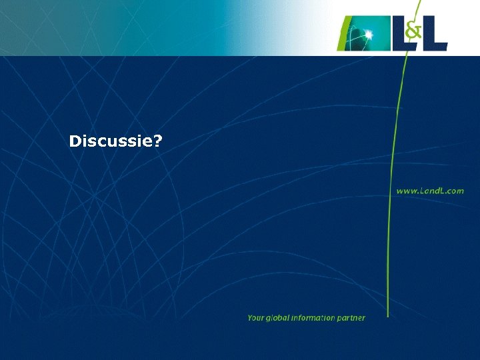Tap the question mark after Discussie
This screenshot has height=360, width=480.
coord(158,141)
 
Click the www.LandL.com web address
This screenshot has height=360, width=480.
coord(430,191)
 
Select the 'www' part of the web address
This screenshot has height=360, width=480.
coord(407,191)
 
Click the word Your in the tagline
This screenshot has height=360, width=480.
coord(255,318)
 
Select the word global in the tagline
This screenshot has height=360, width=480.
coord(277,318)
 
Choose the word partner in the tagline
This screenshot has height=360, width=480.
coord(351,318)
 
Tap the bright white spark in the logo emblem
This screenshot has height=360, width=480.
coord(368,33)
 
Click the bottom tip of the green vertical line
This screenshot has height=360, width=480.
coord(389,315)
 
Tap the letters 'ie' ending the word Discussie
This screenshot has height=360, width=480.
coord(147,141)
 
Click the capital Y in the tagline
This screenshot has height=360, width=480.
coord(250,318)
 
